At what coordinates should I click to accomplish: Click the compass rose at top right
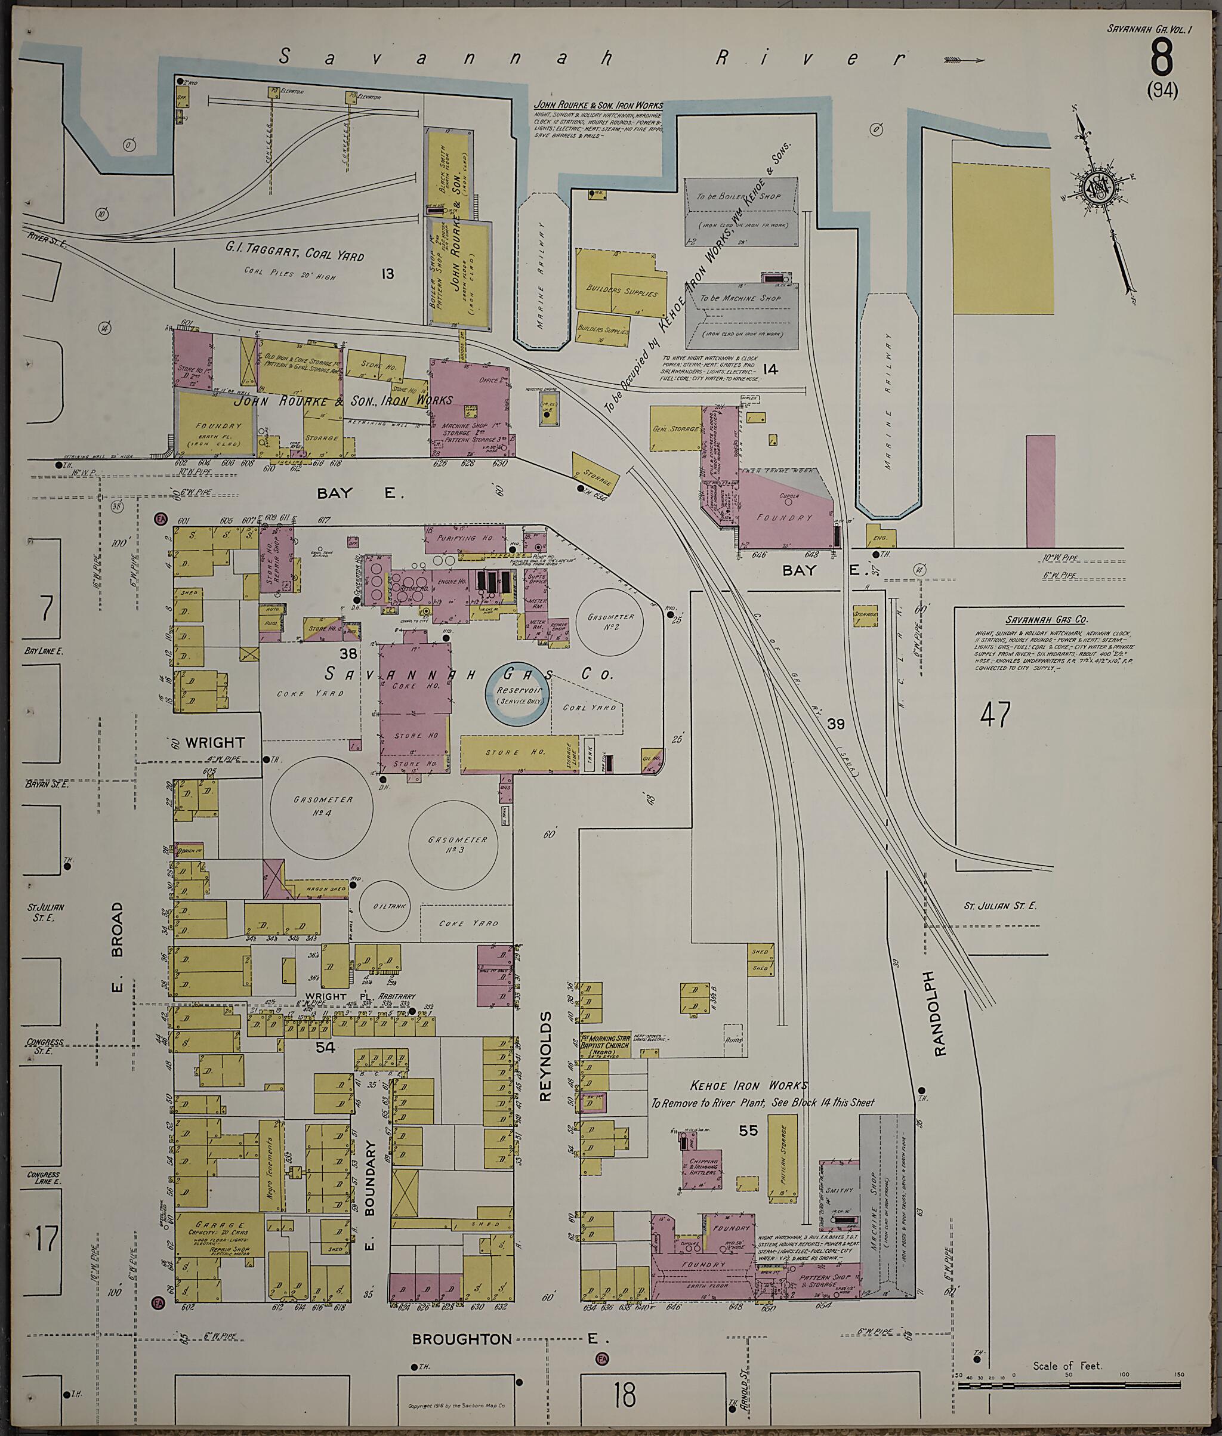[x=1101, y=189]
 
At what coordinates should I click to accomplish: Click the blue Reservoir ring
[x=517, y=695]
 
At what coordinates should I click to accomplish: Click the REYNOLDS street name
[x=545, y=1057]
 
